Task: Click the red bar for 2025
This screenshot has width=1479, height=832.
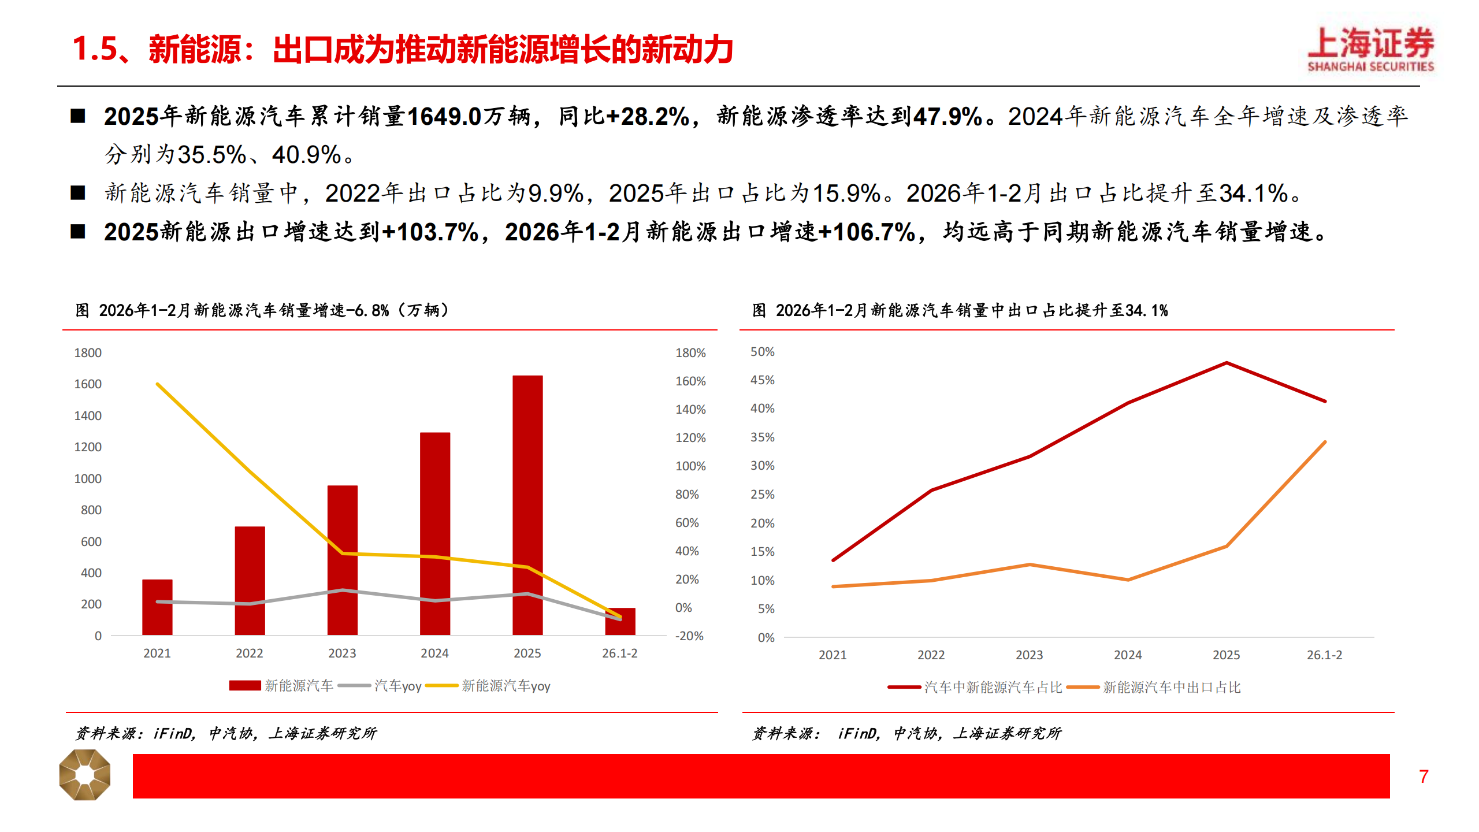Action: point(527,505)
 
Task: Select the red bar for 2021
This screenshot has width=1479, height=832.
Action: point(157,607)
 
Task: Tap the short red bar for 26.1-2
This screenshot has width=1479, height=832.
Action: point(620,622)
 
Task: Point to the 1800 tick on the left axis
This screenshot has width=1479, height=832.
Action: point(88,353)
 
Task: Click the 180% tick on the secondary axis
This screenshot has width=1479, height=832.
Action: point(690,353)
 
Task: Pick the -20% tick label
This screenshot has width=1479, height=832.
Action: point(689,636)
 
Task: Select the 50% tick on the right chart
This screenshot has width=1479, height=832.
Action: point(762,352)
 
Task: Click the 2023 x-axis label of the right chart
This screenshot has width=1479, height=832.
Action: point(1029,655)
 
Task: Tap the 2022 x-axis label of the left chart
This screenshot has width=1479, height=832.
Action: point(250,653)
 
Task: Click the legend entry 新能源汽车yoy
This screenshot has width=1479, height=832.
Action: point(506,686)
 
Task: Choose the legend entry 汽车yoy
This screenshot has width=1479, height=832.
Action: point(397,686)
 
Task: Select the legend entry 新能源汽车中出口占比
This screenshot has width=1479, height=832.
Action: point(1171,688)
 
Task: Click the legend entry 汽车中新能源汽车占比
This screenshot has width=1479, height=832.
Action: point(993,688)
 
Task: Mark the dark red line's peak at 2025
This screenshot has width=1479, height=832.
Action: point(1226,363)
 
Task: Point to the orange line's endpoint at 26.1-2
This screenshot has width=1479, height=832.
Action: point(1325,442)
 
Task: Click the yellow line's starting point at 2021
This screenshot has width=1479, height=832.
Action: point(158,384)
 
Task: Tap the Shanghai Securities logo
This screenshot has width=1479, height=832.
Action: point(1370,50)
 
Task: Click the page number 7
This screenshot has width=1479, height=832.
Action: point(1424,777)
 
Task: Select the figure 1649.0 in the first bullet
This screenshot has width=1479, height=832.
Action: point(444,117)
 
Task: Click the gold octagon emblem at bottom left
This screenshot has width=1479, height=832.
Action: point(85,775)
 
